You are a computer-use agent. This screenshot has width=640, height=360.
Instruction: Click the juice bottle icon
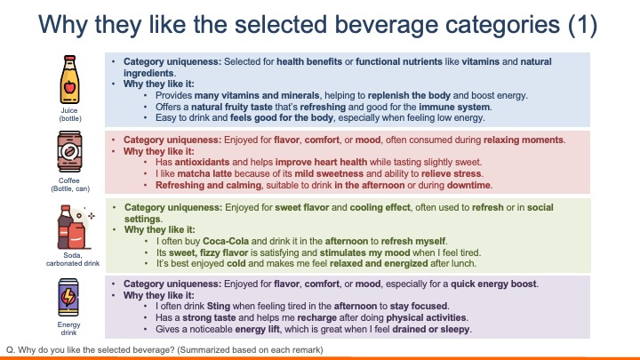click(x=70, y=79)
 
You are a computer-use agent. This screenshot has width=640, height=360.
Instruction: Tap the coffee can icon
click(x=69, y=151)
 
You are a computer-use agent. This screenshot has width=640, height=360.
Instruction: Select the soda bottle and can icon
click(x=75, y=227)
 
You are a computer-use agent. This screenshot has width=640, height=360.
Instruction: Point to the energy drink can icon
click(x=68, y=297)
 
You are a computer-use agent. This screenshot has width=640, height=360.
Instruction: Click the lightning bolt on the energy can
click(x=68, y=297)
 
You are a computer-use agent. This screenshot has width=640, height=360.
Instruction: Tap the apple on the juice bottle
click(x=70, y=87)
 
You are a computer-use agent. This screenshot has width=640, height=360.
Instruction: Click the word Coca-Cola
click(x=226, y=241)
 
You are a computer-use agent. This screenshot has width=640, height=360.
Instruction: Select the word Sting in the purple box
click(x=219, y=306)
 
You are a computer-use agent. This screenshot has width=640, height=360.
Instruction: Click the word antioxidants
click(x=202, y=162)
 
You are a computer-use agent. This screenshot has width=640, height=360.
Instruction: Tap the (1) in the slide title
click(x=582, y=25)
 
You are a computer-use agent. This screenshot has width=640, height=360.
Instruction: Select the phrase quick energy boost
click(x=493, y=284)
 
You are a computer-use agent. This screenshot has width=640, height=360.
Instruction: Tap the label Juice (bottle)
click(x=70, y=115)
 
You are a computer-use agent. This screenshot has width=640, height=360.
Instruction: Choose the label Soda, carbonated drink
click(x=73, y=260)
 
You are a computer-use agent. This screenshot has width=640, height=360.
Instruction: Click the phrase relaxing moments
click(x=524, y=140)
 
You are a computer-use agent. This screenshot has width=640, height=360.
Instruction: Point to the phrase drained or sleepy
click(x=430, y=329)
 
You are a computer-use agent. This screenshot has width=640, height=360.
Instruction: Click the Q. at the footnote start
click(x=11, y=350)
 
